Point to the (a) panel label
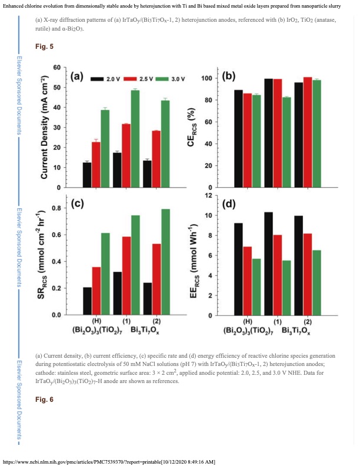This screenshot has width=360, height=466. click(x=79, y=77)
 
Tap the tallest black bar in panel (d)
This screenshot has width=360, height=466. click(x=268, y=263)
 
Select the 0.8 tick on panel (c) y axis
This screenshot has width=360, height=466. click(x=56, y=208)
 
